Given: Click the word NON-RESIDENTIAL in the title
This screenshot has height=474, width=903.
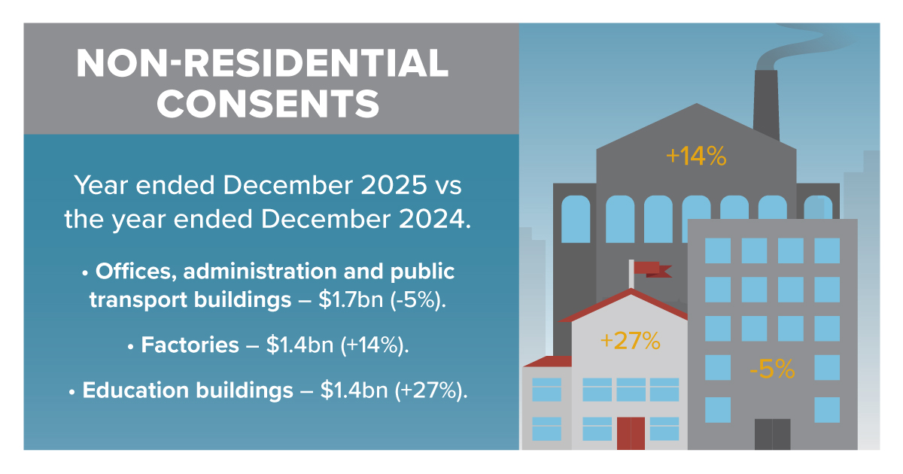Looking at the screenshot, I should [263, 63].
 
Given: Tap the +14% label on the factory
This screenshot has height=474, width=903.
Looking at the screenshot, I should [696, 156].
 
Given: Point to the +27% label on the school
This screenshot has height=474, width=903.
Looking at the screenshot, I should [631, 341].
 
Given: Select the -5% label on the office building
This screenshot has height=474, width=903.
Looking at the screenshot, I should [771, 369].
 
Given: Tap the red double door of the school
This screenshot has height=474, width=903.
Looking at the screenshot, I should [631, 433].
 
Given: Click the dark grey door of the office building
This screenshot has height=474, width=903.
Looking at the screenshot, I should [772, 434].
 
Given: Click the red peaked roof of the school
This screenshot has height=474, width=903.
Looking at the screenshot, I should [628, 306].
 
